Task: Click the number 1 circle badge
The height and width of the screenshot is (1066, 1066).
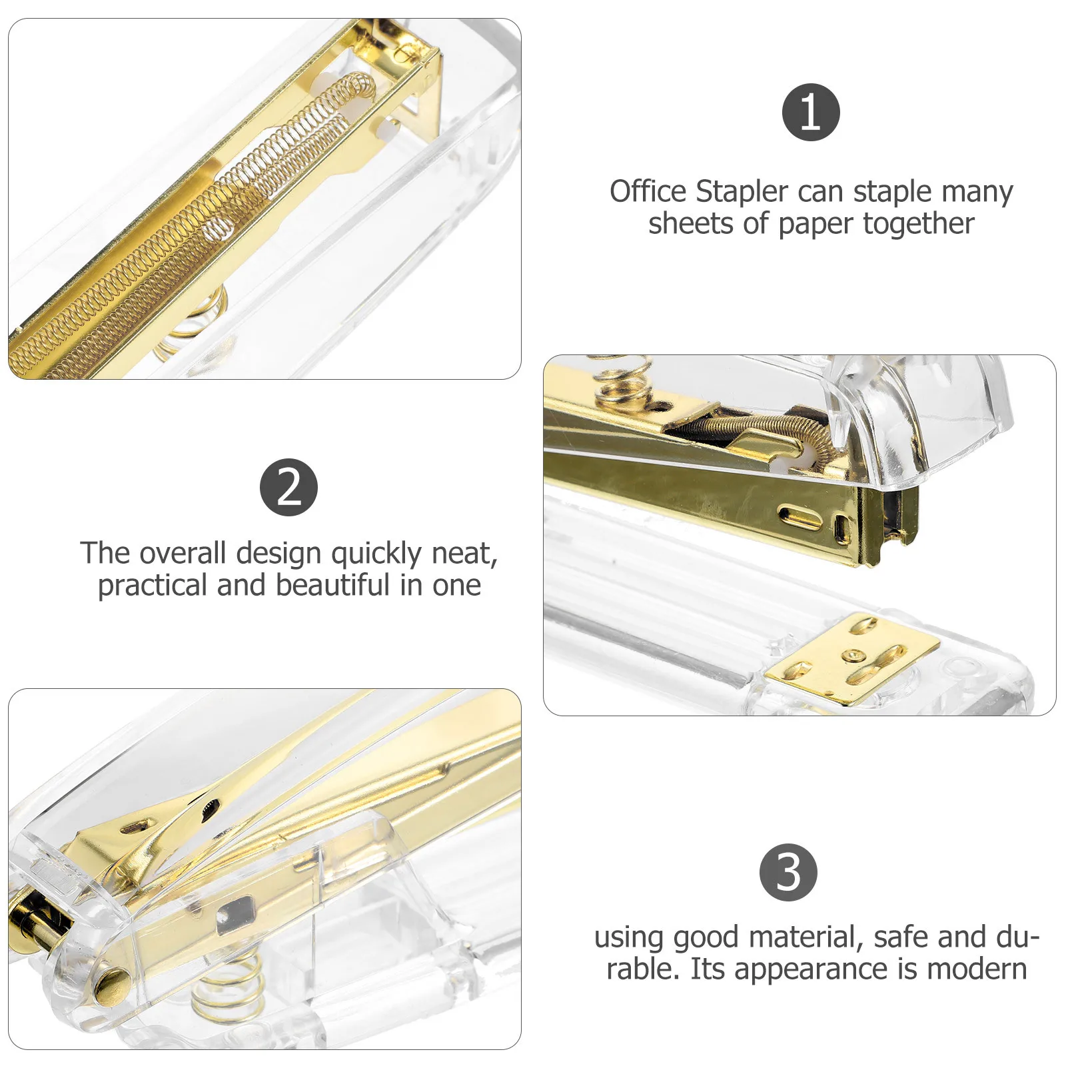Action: click(x=810, y=112)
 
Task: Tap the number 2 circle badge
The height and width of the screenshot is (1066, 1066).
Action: click(x=288, y=487)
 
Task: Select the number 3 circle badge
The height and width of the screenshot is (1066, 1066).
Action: click(x=788, y=872)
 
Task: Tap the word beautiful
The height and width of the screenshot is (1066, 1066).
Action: click(x=332, y=585)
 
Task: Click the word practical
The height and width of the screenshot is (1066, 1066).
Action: click(x=153, y=586)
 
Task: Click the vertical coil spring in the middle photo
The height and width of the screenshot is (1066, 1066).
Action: click(x=623, y=378)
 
